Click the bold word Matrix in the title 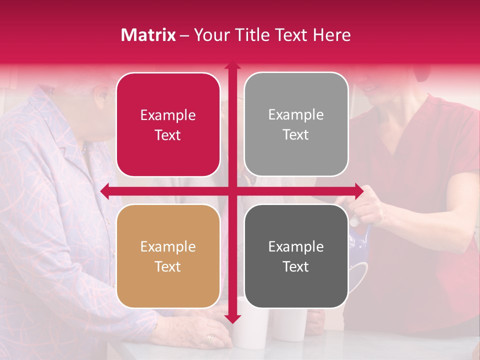tap(148, 35)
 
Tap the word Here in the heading tap(331, 35)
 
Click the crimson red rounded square tap(168, 124)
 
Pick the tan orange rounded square tap(168, 256)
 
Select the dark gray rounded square tap(296, 256)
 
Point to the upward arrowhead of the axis tap(232, 66)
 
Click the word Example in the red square tap(168, 115)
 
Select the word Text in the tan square tap(168, 266)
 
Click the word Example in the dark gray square tap(296, 246)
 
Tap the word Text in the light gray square tap(296, 134)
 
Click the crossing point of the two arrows tap(232, 190)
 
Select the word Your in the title tap(210, 35)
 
